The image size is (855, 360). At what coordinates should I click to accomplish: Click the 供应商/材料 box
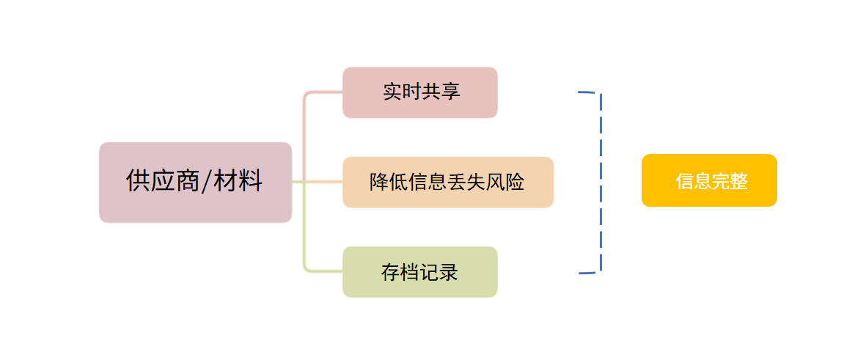[x=195, y=182]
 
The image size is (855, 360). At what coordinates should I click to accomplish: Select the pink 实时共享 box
[x=420, y=92]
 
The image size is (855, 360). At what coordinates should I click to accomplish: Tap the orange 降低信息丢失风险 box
[x=447, y=182]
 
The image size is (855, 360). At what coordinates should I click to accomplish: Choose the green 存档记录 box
[x=420, y=272]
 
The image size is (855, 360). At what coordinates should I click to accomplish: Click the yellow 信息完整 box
[x=708, y=180]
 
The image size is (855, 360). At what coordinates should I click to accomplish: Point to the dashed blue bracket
[x=601, y=182]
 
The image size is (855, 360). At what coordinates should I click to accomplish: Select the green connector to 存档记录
[x=305, y=242]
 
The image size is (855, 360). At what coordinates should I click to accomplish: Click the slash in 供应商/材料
[x=207, y=181]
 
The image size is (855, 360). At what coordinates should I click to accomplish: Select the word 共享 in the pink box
[x=441, y=92]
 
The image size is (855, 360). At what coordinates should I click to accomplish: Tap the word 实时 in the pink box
[x=402, y=92]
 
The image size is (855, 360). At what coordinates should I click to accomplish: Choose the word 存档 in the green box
[x=400, y=273]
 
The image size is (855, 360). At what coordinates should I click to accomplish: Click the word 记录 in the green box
[x=439, y=273]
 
